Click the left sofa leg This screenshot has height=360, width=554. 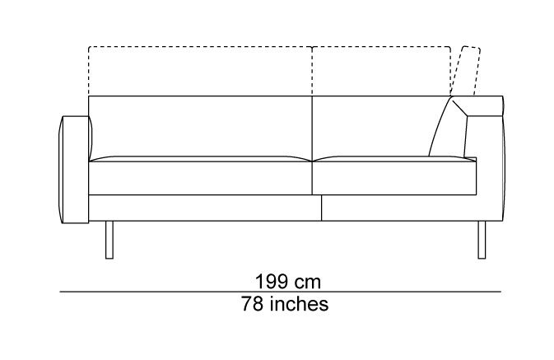109,240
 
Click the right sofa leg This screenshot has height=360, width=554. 482,240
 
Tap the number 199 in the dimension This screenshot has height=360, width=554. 271,282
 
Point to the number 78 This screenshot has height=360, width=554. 253,304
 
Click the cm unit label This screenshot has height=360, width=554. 308,283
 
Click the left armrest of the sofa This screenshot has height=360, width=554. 75,170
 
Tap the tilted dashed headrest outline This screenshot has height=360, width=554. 466,71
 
